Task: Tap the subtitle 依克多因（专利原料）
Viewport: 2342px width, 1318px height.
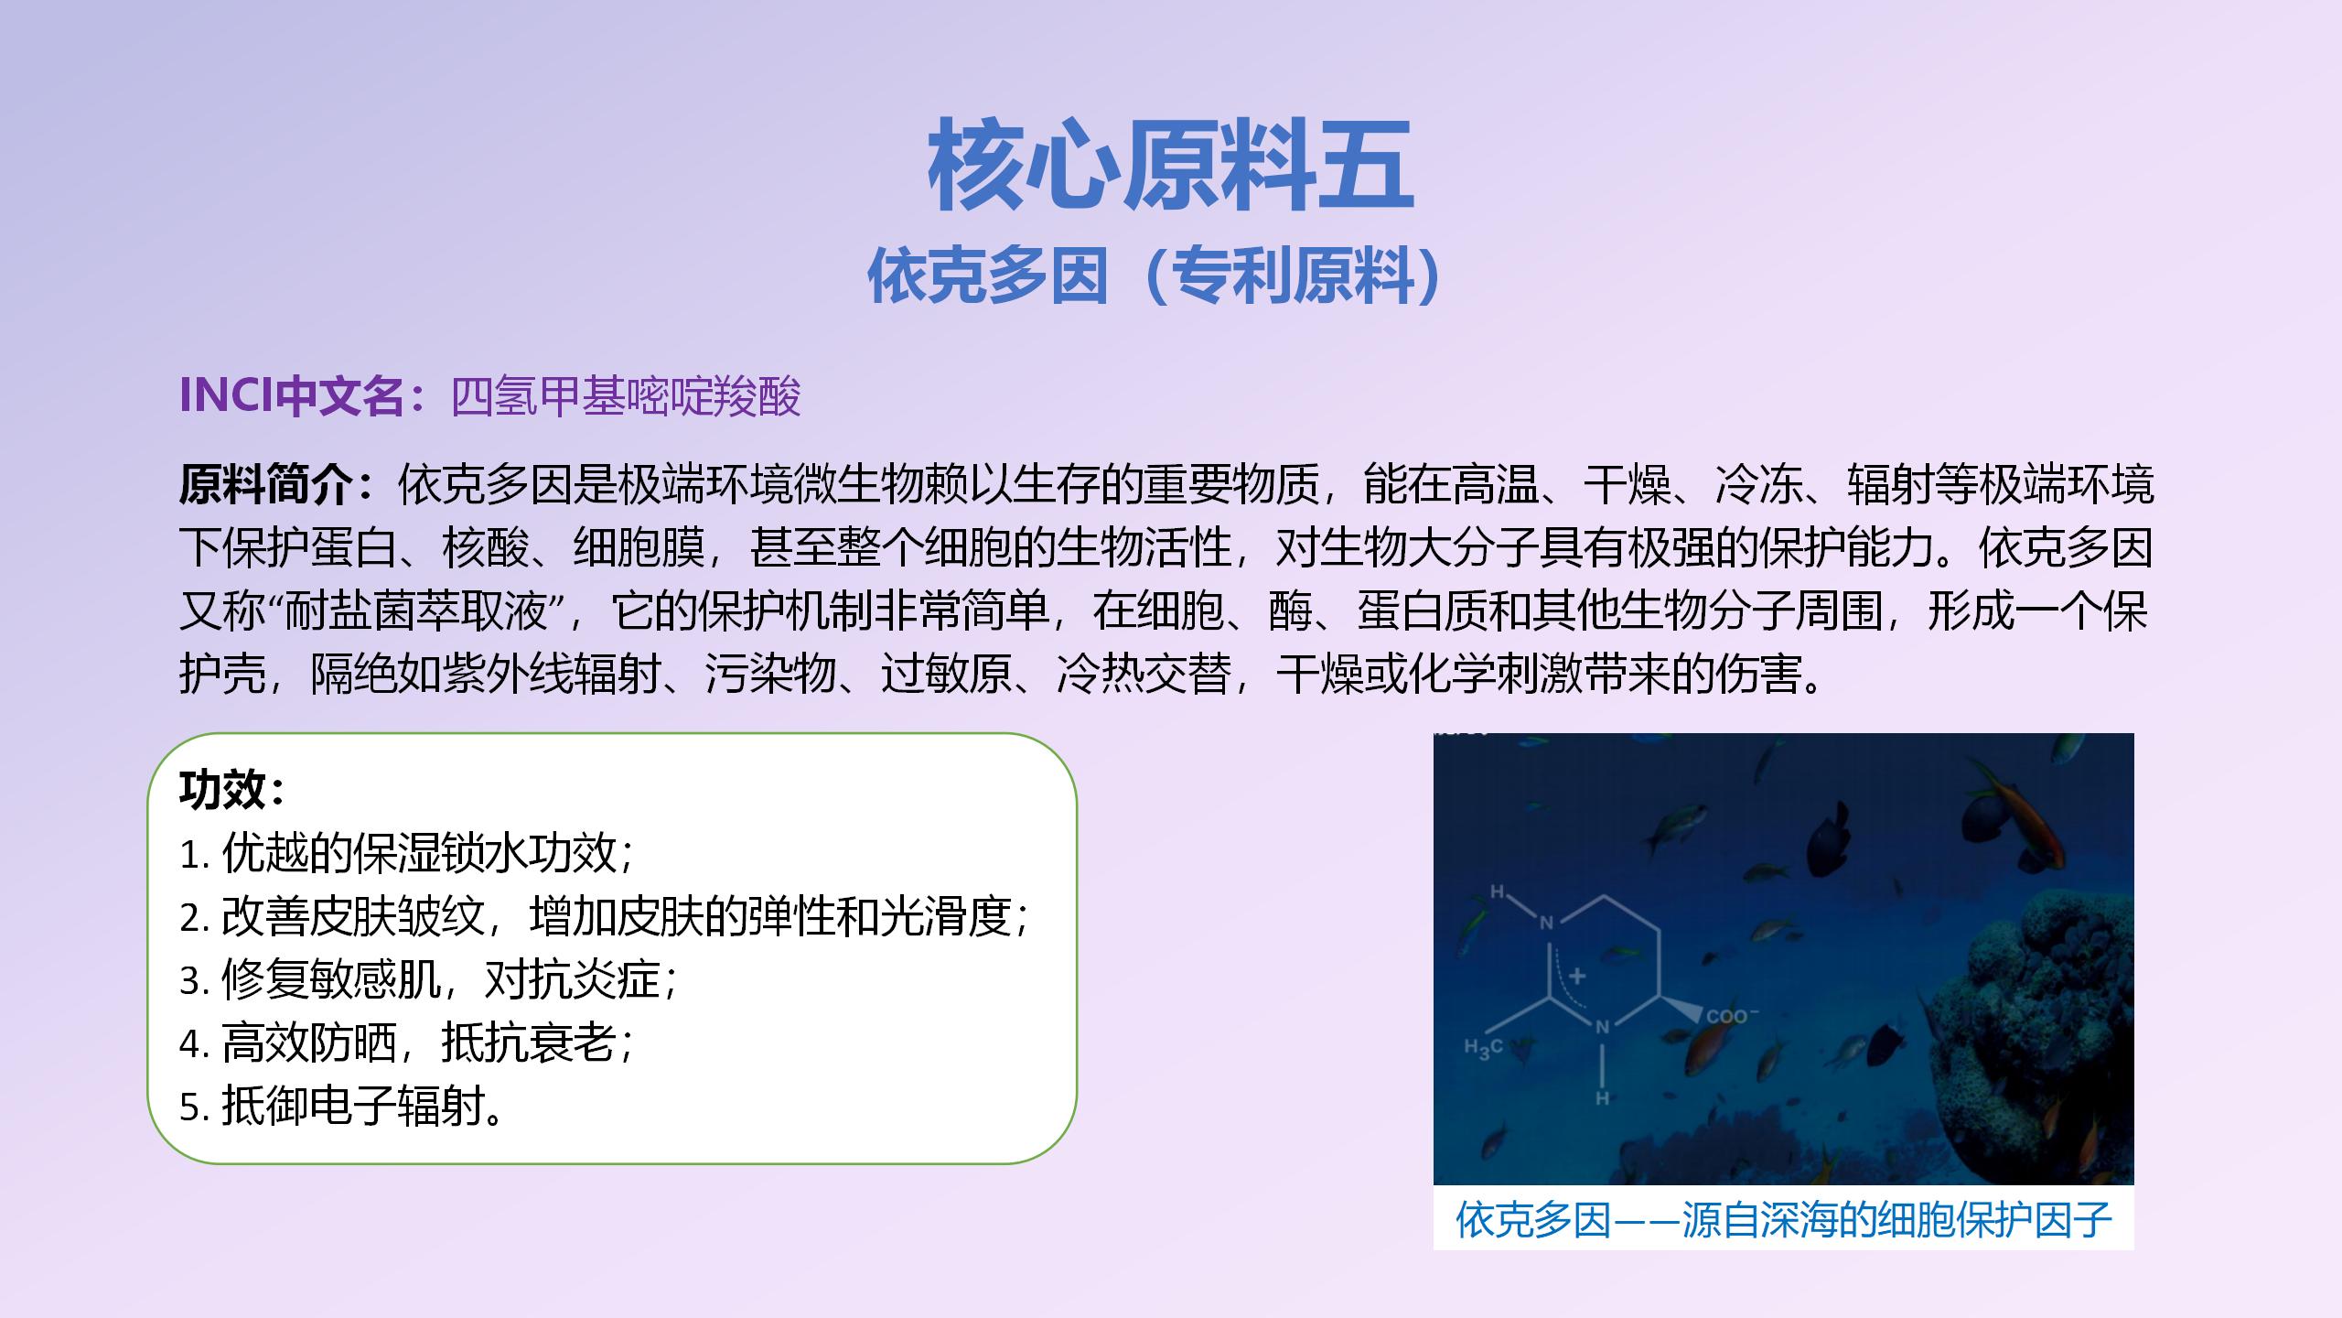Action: (x=1158, y=275)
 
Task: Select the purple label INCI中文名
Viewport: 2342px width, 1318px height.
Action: (x=292, y=395)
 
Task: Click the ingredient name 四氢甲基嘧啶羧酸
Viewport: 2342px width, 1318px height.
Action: (x=627, y=396)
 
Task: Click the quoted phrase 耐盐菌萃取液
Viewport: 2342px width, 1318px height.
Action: (x=416, y=611)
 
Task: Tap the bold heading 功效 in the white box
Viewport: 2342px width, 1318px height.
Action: (x=222, y=790)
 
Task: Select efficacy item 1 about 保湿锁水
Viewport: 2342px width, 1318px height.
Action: (x=406, y=853)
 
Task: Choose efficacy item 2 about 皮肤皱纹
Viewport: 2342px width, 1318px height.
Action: (x=604, y=916)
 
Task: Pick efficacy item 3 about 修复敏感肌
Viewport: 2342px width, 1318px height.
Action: (x=428, y=979)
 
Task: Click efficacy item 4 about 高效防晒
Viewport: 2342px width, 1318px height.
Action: (x=406, y=1043)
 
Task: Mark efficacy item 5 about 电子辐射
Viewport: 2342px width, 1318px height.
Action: (x=341, y=1106)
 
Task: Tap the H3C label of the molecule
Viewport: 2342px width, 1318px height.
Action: (x=1483, y=1049)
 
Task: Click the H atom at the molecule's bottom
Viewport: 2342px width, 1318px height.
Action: (x=1603, y=1097)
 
